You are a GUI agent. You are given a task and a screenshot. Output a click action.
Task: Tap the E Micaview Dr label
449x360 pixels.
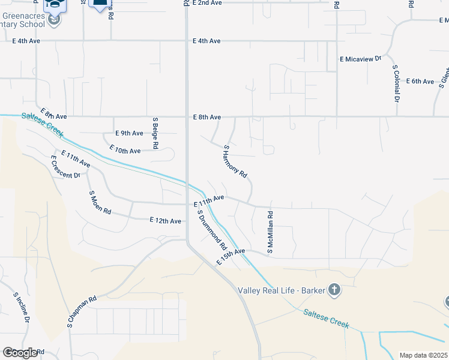tap(361, 59)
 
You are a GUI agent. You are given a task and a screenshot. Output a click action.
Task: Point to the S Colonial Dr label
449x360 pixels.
tap(396, 83)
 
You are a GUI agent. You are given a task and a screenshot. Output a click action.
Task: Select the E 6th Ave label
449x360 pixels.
tap(420, 81)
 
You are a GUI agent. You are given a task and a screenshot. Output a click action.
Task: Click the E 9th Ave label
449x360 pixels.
tap(129, 133)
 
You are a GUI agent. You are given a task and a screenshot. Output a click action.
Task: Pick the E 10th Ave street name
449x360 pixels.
tap(125, 150)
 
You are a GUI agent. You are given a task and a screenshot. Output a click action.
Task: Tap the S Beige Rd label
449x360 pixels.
tap(155, 133)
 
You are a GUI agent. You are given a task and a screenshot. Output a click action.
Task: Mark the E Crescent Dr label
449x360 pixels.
tap(65, 167)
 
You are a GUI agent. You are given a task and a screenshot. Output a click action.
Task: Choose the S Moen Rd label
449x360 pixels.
tap(100, 203)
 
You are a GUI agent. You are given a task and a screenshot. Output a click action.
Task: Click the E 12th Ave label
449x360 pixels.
tap(165, 221)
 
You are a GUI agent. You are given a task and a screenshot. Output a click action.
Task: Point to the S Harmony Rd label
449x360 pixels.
tap(235, 162)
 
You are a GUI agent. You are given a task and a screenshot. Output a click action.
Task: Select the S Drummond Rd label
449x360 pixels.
tap(212, 230)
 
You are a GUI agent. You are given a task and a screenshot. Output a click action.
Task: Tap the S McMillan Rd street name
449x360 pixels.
tap(271, 232)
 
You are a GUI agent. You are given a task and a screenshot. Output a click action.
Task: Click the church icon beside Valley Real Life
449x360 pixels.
tap(334, 290)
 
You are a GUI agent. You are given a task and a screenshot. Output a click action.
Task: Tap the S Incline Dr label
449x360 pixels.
tap(22, 308)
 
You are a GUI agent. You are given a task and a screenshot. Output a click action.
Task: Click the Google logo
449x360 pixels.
tap(20, 353)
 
